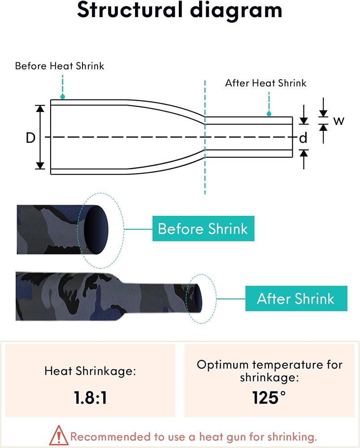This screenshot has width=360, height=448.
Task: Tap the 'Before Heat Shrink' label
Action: (60, 66)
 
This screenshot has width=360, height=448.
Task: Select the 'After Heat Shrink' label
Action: (266, 83)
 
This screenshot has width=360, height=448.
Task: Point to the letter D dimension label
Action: (30, 138)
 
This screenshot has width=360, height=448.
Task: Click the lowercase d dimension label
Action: (303, 138)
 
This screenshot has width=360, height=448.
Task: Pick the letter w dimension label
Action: (338, 121)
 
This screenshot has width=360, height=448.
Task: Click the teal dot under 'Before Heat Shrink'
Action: (63, 97)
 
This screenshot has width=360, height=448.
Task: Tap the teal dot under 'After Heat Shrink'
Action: (269, 114)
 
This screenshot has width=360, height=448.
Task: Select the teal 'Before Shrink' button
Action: (203, 228)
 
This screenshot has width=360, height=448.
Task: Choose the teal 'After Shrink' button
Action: (296, 298)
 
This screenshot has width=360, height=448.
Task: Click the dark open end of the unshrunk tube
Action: (96, 230)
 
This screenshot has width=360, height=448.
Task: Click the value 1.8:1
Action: (91, 398)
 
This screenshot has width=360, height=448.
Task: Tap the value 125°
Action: (269, 397)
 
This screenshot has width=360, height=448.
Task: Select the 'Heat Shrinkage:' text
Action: (90, 371)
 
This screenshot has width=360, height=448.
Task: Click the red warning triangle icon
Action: (59, 435)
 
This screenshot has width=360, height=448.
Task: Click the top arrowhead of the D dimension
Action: (40, 108)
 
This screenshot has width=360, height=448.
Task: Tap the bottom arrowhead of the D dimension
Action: (40, 165)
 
